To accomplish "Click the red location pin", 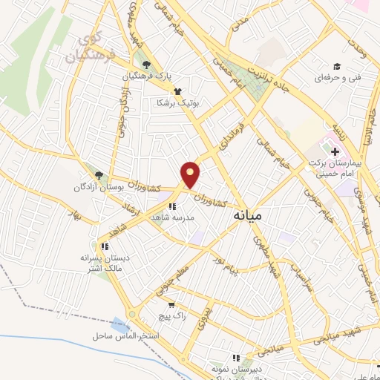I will pyautogui.click(x=191, y=174).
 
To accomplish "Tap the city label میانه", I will pyautogui.click(x=247, y=214).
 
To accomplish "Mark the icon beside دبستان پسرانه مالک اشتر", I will pyautogui.click(x=105, y=246).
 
